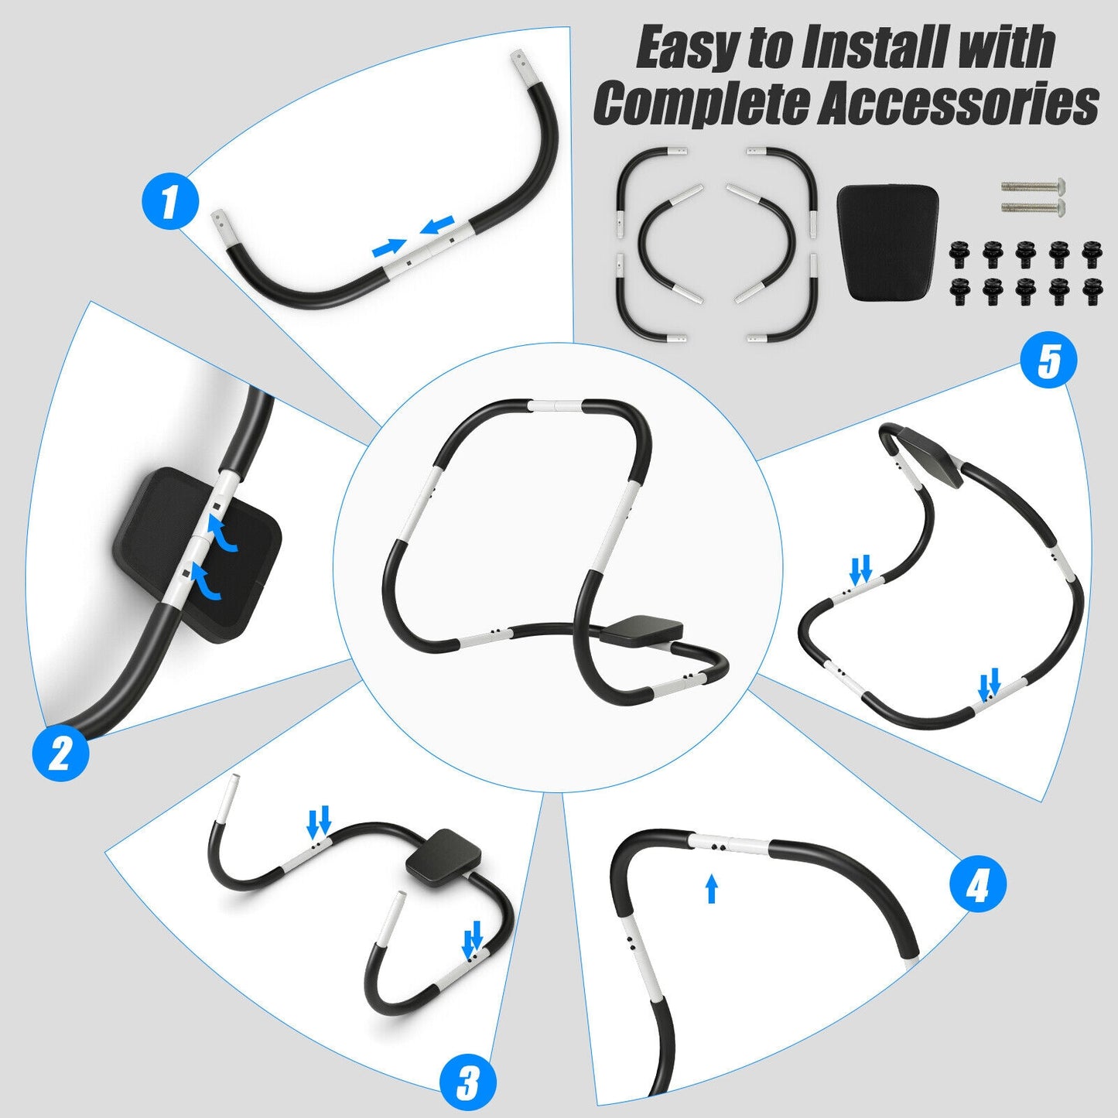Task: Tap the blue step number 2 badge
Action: (60, 753)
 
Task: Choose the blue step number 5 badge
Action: (1048, 361)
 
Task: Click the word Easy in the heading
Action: (687, 48)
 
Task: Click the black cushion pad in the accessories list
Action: (888, 241)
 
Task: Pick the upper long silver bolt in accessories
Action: (1033, 186)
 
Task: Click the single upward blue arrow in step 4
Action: (712, 889)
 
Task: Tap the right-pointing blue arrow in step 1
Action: (389, 248)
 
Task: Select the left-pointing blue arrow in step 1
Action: (438, 225)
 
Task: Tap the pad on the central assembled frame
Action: (641, 629)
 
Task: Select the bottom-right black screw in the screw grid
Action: (1092, 291)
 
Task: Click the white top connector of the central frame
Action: (557, 405)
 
